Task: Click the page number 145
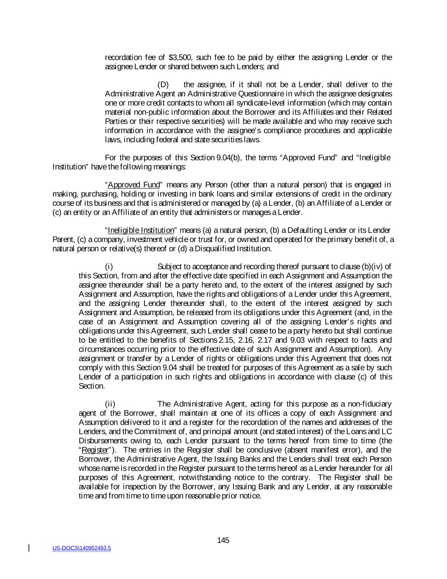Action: tap(223, 540)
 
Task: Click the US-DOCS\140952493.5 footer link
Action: tap(81, 548)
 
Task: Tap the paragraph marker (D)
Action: tap(163, 85)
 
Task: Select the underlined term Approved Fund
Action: tap(134, 185)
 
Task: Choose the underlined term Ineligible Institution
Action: tap(141, 230)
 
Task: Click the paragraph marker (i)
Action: tap(109, 267)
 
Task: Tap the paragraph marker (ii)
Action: tap(110, 404)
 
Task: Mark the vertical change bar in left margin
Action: tap(29, 548)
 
